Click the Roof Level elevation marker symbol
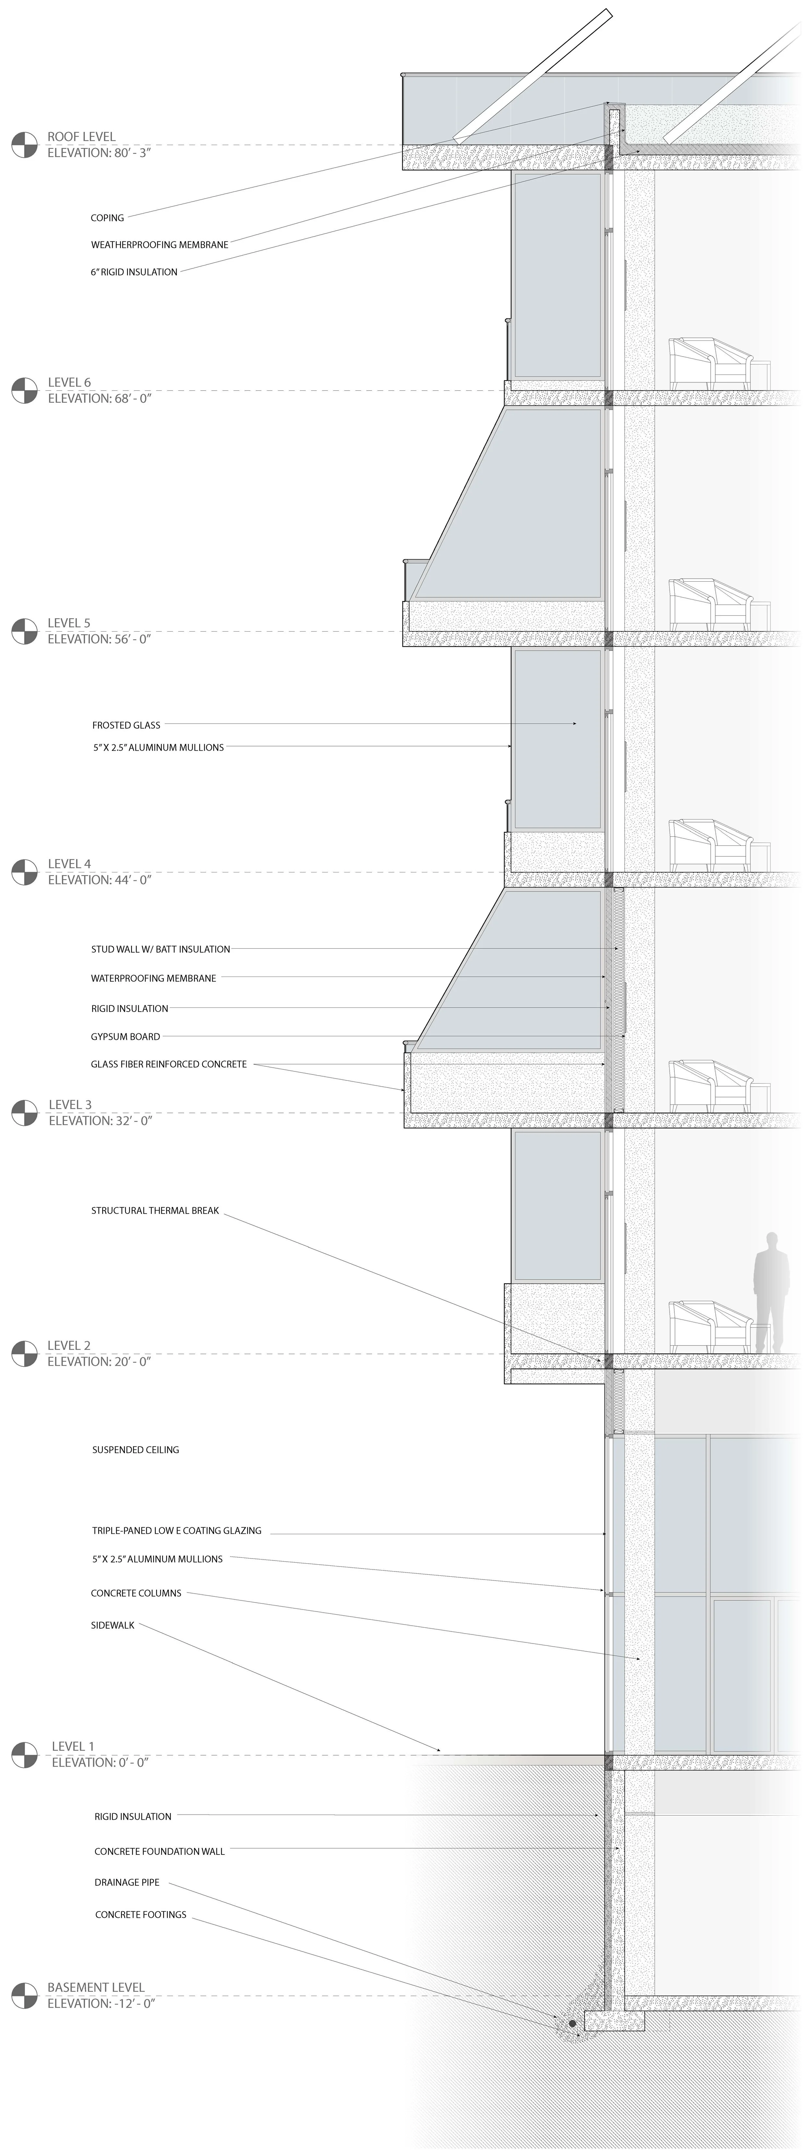(24, 145)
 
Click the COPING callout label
(107, 217)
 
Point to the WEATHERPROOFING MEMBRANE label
(159, 245)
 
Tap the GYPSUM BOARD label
(126, 1036)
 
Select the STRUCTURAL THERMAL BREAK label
(155, 1210)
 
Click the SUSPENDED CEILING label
(136, 1449)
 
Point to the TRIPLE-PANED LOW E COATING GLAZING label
(176, 1531)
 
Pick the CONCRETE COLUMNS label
(136, 1593)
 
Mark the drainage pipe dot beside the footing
(573, 2024)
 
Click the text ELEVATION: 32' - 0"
(100, 1121)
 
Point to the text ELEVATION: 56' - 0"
(99, 639)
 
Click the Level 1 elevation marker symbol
(24, 1755)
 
